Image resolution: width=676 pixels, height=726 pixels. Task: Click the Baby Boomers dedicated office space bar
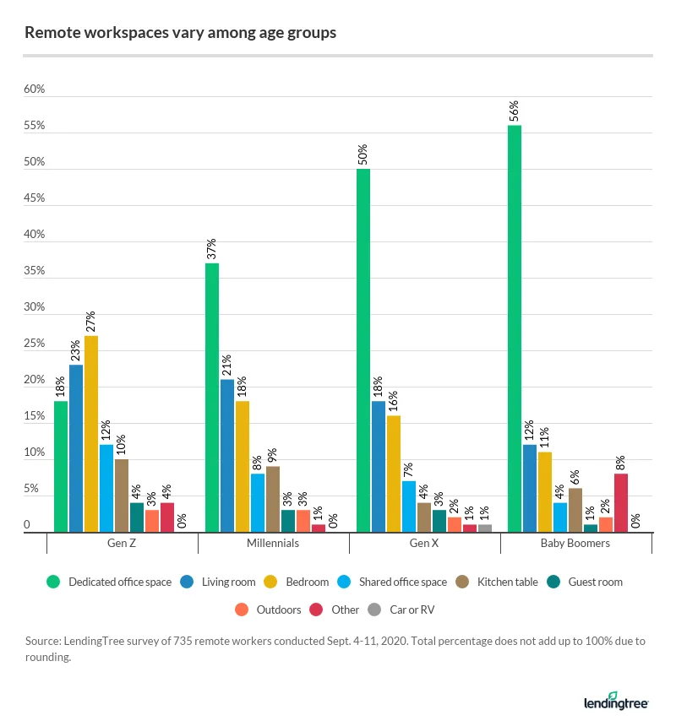(x=515, y=329)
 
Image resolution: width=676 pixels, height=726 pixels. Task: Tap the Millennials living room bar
(x=227, y=456)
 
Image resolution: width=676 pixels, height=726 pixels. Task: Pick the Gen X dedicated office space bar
(x=363, y=350)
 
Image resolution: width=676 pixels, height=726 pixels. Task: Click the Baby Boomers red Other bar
(x=621, y=503)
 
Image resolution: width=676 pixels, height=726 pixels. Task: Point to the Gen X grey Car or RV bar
(x=485, y=528)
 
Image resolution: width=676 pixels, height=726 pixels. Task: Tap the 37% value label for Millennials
(x=212, y=250)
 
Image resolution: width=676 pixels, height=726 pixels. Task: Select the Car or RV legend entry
(x=407, y=610)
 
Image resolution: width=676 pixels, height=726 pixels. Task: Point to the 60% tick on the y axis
(x=33, y=90)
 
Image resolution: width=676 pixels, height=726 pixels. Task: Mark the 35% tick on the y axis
(x=33, y=272)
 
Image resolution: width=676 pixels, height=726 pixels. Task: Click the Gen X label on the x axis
(x=424, y=544)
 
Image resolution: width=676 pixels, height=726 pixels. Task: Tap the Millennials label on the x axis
(x=273, y=544)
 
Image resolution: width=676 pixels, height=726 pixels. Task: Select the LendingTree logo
(x=616, y=701)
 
